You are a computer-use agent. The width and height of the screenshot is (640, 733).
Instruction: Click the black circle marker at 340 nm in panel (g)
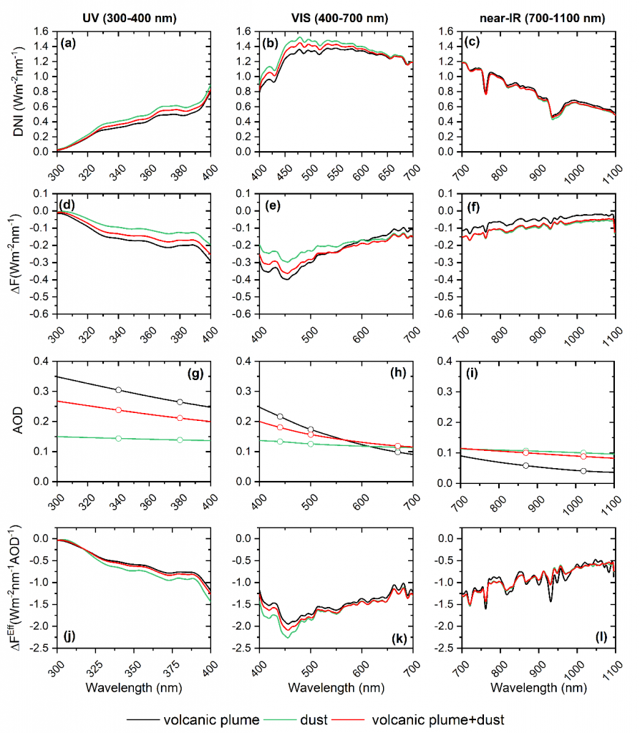[118, 390]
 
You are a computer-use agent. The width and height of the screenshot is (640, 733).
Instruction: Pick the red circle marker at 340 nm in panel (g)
[118, 410]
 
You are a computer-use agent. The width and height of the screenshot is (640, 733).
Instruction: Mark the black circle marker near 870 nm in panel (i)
[526, 465]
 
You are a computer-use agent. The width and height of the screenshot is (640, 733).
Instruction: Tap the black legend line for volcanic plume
[142, 717]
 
